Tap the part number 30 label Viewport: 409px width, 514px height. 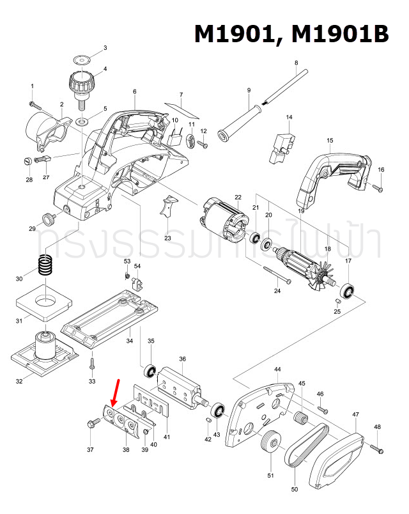coord(19,279)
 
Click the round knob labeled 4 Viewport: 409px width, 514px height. coord(81,84)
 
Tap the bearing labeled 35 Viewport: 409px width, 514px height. coord(151,370)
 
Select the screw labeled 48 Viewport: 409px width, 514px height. coord(376,448)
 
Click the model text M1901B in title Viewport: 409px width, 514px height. coord(339,34)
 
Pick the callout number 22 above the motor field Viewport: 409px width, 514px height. coord(238,197)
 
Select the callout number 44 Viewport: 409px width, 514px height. coord(277,370)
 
